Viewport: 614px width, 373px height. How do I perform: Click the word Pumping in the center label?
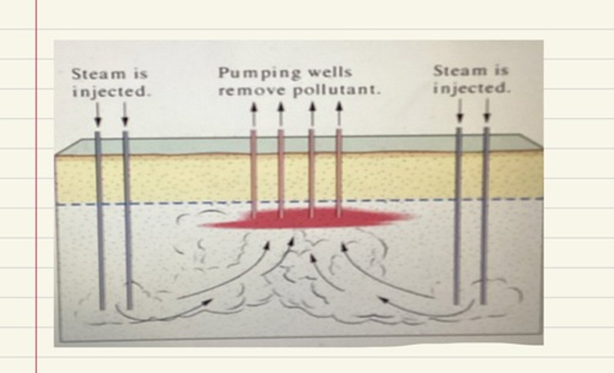(254, 73)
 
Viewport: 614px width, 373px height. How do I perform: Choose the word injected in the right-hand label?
(472, 88)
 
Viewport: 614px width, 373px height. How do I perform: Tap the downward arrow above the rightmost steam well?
(487, 112)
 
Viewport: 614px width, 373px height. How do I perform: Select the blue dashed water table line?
(171, 204)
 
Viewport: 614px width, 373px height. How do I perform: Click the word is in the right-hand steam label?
(501, 71)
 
